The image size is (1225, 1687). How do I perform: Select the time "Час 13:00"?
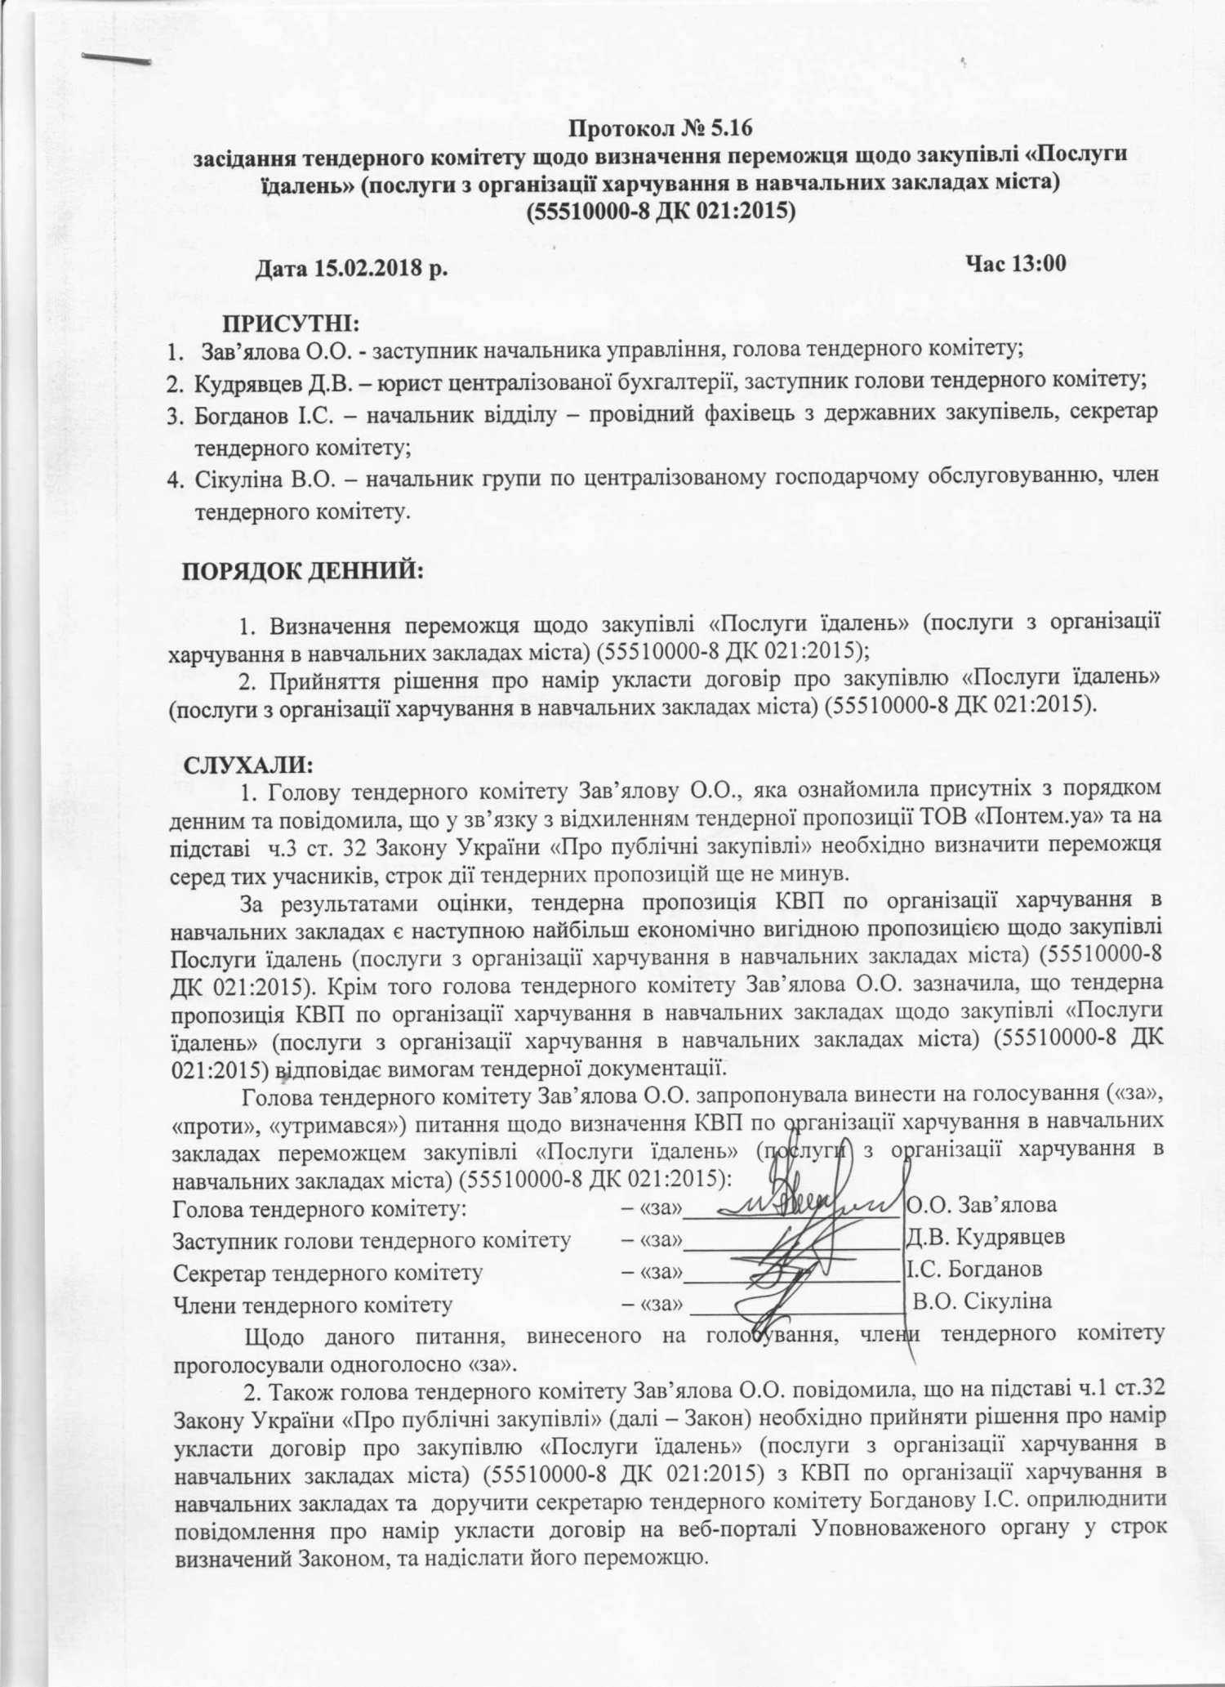pos(1015,263)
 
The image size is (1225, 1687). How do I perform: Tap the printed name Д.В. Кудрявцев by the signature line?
pos(985,1237)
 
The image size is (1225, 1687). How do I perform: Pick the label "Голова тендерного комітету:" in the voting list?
pos(319,1207)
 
